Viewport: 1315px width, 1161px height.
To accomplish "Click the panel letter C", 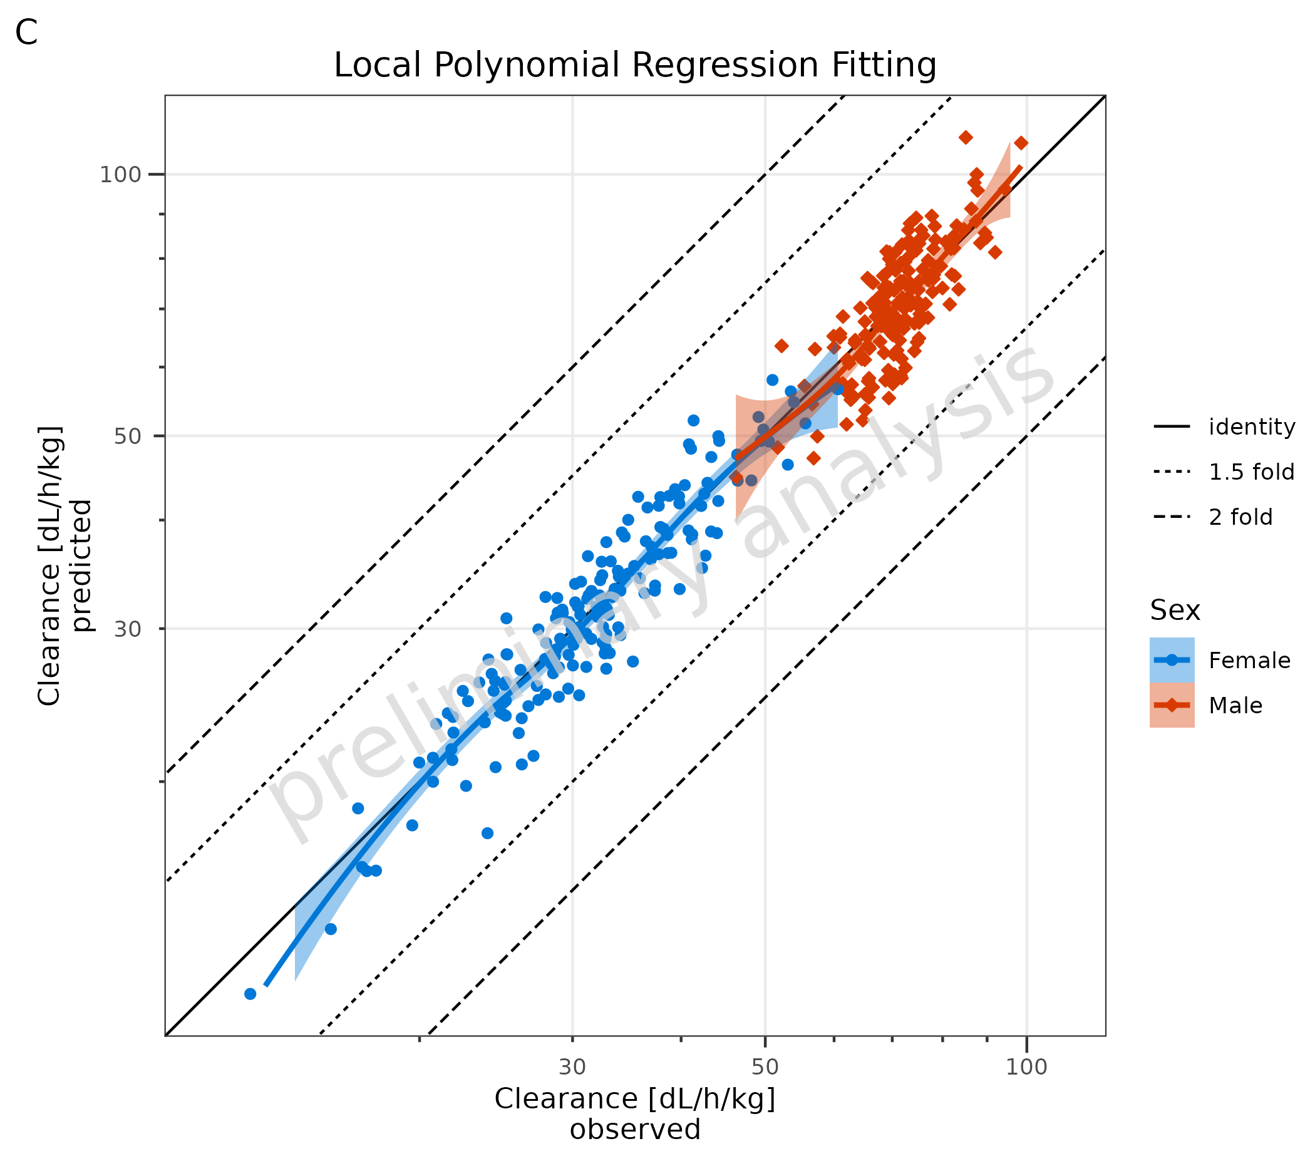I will tap(26, 32).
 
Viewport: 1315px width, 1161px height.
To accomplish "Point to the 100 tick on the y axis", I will tap(120, 174).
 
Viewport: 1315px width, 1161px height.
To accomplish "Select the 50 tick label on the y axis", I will tap(127, 436).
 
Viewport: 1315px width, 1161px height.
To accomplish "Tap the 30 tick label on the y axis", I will tap(127, 629).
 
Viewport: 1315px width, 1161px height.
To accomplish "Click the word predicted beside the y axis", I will tap(81, 565).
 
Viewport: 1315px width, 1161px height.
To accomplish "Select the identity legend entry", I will tap(1251, 427).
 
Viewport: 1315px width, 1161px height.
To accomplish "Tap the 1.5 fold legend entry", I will tap(1251, 472).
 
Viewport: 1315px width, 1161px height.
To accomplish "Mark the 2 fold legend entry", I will tap(1240, 517).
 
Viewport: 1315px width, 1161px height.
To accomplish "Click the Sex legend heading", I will tap(1175, 611).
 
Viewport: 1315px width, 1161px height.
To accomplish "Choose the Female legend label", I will tap(1249, 661).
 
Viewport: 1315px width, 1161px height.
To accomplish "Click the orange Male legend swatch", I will tap(1172, 706).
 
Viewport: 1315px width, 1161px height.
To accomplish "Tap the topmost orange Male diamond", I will tap(965, 137).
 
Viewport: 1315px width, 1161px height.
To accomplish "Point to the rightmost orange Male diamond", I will tap(1020, 143).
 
